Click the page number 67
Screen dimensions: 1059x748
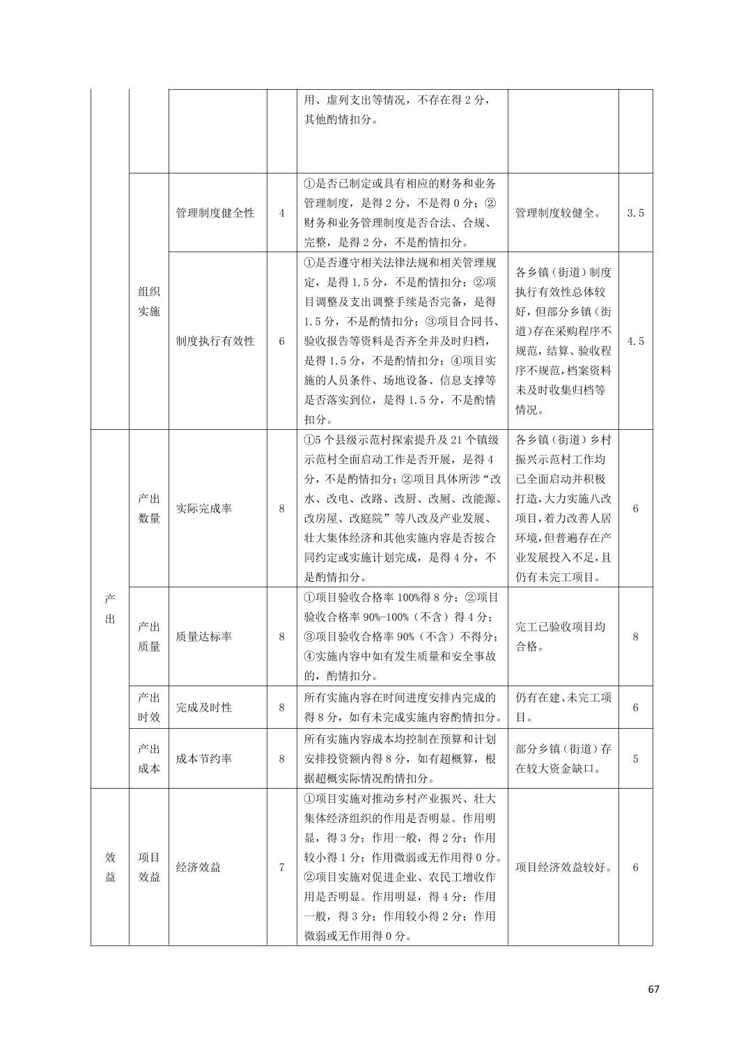click(653, 989)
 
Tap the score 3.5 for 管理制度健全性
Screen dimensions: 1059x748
click(635, 213)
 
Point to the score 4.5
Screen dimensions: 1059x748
click(635, 341)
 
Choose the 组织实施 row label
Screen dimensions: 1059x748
click(148, 301)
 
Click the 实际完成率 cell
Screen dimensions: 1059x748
click(204, 509)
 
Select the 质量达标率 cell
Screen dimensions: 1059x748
click(204, 636)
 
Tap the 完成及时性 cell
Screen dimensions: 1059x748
click(204, 707)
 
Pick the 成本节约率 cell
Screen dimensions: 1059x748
click(204, 759)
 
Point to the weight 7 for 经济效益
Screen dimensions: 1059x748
click(281, 867)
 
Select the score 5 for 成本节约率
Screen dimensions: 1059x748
click(635, 759)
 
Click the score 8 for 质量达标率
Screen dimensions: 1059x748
click(635, 636)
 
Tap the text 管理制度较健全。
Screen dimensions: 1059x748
click(559, 213)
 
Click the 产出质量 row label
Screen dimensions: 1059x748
click(148, 636)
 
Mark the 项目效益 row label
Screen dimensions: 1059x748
click(148, 867)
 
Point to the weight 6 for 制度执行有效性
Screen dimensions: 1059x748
click(281, 341)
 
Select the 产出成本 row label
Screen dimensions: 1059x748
click(148, 759)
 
